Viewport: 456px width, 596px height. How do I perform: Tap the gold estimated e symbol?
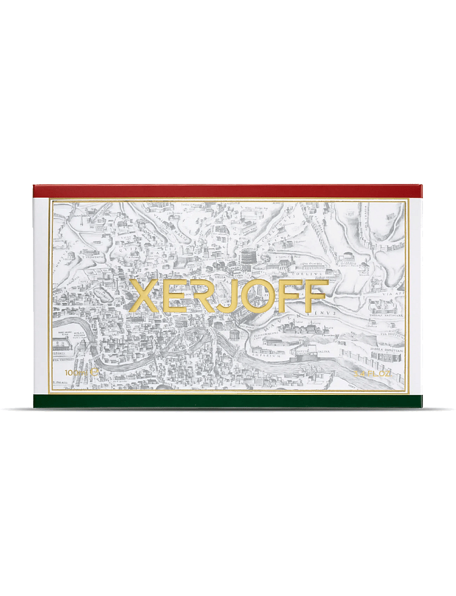pos(95,371)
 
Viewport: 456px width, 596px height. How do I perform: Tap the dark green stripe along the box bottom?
pos(228,401)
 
